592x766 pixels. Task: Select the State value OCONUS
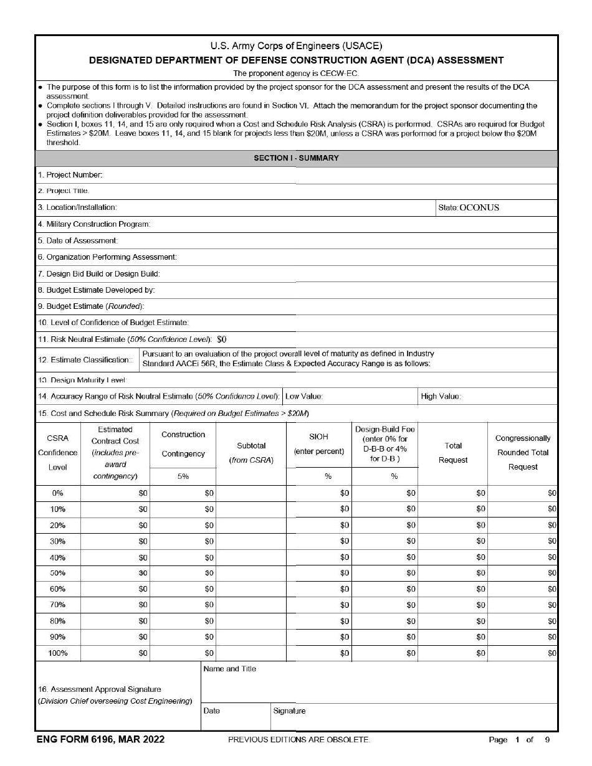click(479, 207)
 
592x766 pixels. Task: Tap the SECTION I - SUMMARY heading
click(296, 158)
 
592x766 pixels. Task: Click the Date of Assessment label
click(78, 240)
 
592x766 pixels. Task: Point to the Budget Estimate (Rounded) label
click(91, 306)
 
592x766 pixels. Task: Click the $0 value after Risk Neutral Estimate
click(222, 339)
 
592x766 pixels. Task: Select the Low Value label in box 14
click(303, 396)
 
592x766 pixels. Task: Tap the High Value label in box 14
click(441, 396)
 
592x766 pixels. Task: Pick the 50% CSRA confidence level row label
click(57, 573)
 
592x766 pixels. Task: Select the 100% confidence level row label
click(57, 653)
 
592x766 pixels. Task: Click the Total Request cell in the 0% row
click(453, 493)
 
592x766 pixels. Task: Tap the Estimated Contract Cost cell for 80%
click(115, 621)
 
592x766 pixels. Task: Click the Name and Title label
click(229, 669)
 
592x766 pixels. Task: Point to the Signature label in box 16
click(289, 711)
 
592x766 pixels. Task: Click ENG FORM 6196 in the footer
click(100, 739)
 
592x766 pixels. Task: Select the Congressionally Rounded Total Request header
click(522, 453)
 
